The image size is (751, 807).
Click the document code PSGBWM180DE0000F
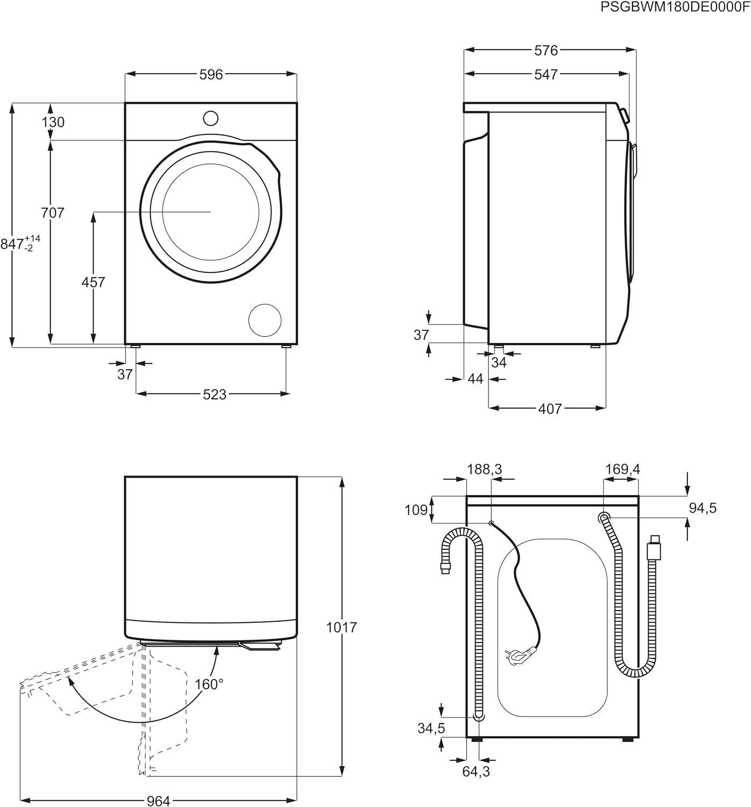click(674, 7)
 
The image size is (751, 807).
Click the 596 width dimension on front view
click(211, 74)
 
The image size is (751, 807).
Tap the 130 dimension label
click(53, 122)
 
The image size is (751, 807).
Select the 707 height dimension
click(53, 213)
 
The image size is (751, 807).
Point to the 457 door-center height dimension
click(93, 282)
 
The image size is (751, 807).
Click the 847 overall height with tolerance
click(20, 244)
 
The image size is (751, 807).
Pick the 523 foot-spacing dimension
click(214, 394)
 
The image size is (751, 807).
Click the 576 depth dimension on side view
click(546, 50)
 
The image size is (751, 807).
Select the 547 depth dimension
click(546, 74)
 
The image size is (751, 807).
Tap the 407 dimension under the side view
click(550, 409)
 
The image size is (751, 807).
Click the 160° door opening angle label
click(209, 684)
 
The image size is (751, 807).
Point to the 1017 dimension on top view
click(342, 627)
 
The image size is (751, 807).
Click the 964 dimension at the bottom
click(158, 802)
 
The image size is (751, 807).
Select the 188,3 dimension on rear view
click(484, 469)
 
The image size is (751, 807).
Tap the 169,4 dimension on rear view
click(622, 469)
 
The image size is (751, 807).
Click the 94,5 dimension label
click(703, 508)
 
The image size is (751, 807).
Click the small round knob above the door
click(211, 118)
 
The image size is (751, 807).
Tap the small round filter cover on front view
click(265, 320)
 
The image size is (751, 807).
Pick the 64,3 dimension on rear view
click(476, 771)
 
